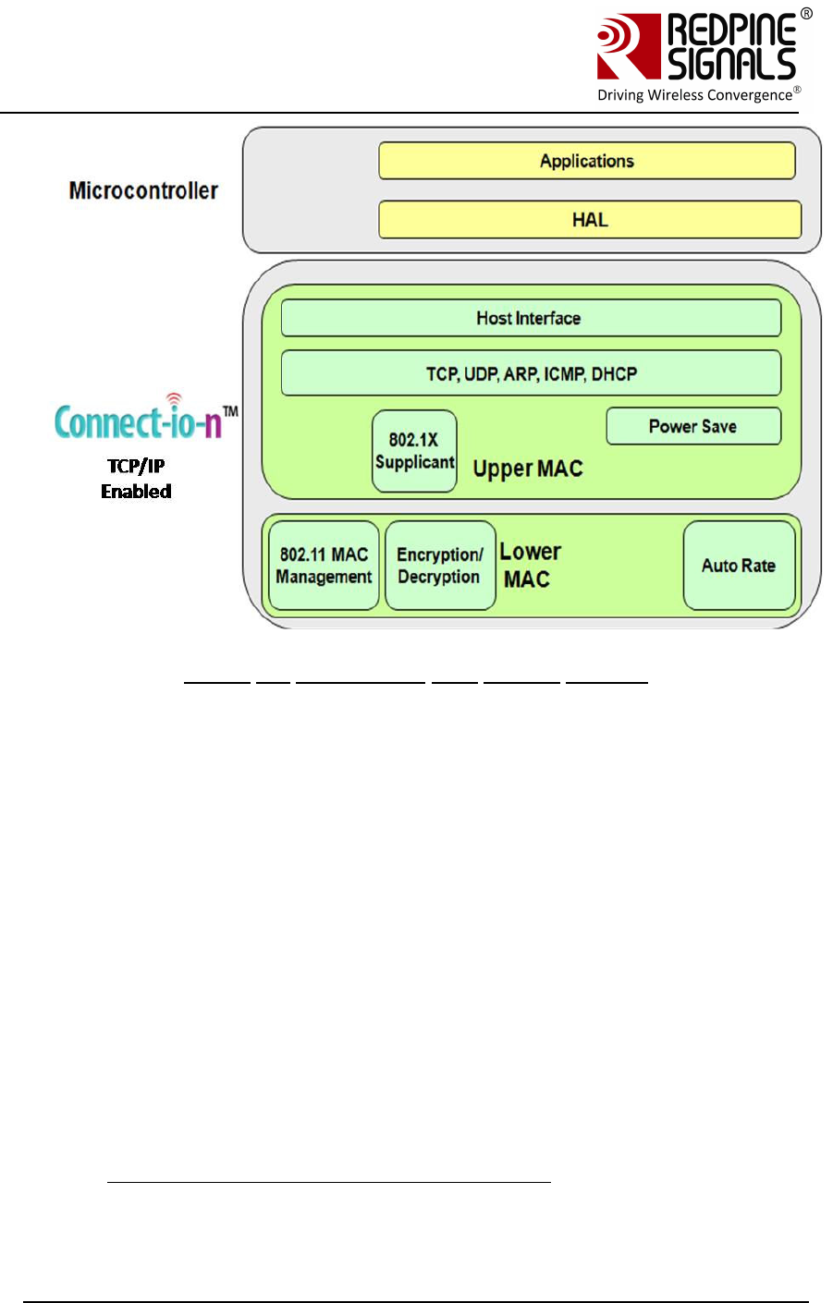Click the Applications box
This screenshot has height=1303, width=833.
tap(586, 161)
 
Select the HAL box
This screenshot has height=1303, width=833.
tap(589, 220)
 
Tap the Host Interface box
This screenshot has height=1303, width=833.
tap(530, 318)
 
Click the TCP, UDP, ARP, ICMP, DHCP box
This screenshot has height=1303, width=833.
tap(531, 373)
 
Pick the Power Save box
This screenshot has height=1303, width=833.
tap(692, 426)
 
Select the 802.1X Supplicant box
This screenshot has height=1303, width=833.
tap(414, 451)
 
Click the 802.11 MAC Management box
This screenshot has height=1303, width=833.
tap(324, 566)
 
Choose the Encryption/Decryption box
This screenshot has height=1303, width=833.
tap(439, 566)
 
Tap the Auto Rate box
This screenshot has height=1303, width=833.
tap(739, 566)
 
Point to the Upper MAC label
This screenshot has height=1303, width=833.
tap(528, 469)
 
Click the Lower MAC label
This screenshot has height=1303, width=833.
tap(530, 565)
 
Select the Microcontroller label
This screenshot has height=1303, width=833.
tap(143, 190)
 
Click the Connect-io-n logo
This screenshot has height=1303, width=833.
tap(139, 420)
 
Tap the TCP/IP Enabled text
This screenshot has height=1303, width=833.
tap(136, 479)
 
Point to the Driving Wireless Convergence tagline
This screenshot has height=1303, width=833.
tap(694, 95)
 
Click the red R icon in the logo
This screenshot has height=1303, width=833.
tap(628, 46)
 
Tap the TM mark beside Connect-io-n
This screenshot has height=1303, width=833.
tap(230, 410)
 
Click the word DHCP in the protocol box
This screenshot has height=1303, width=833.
tap(614, 373)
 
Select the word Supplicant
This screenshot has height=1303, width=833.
tap(414, 462)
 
